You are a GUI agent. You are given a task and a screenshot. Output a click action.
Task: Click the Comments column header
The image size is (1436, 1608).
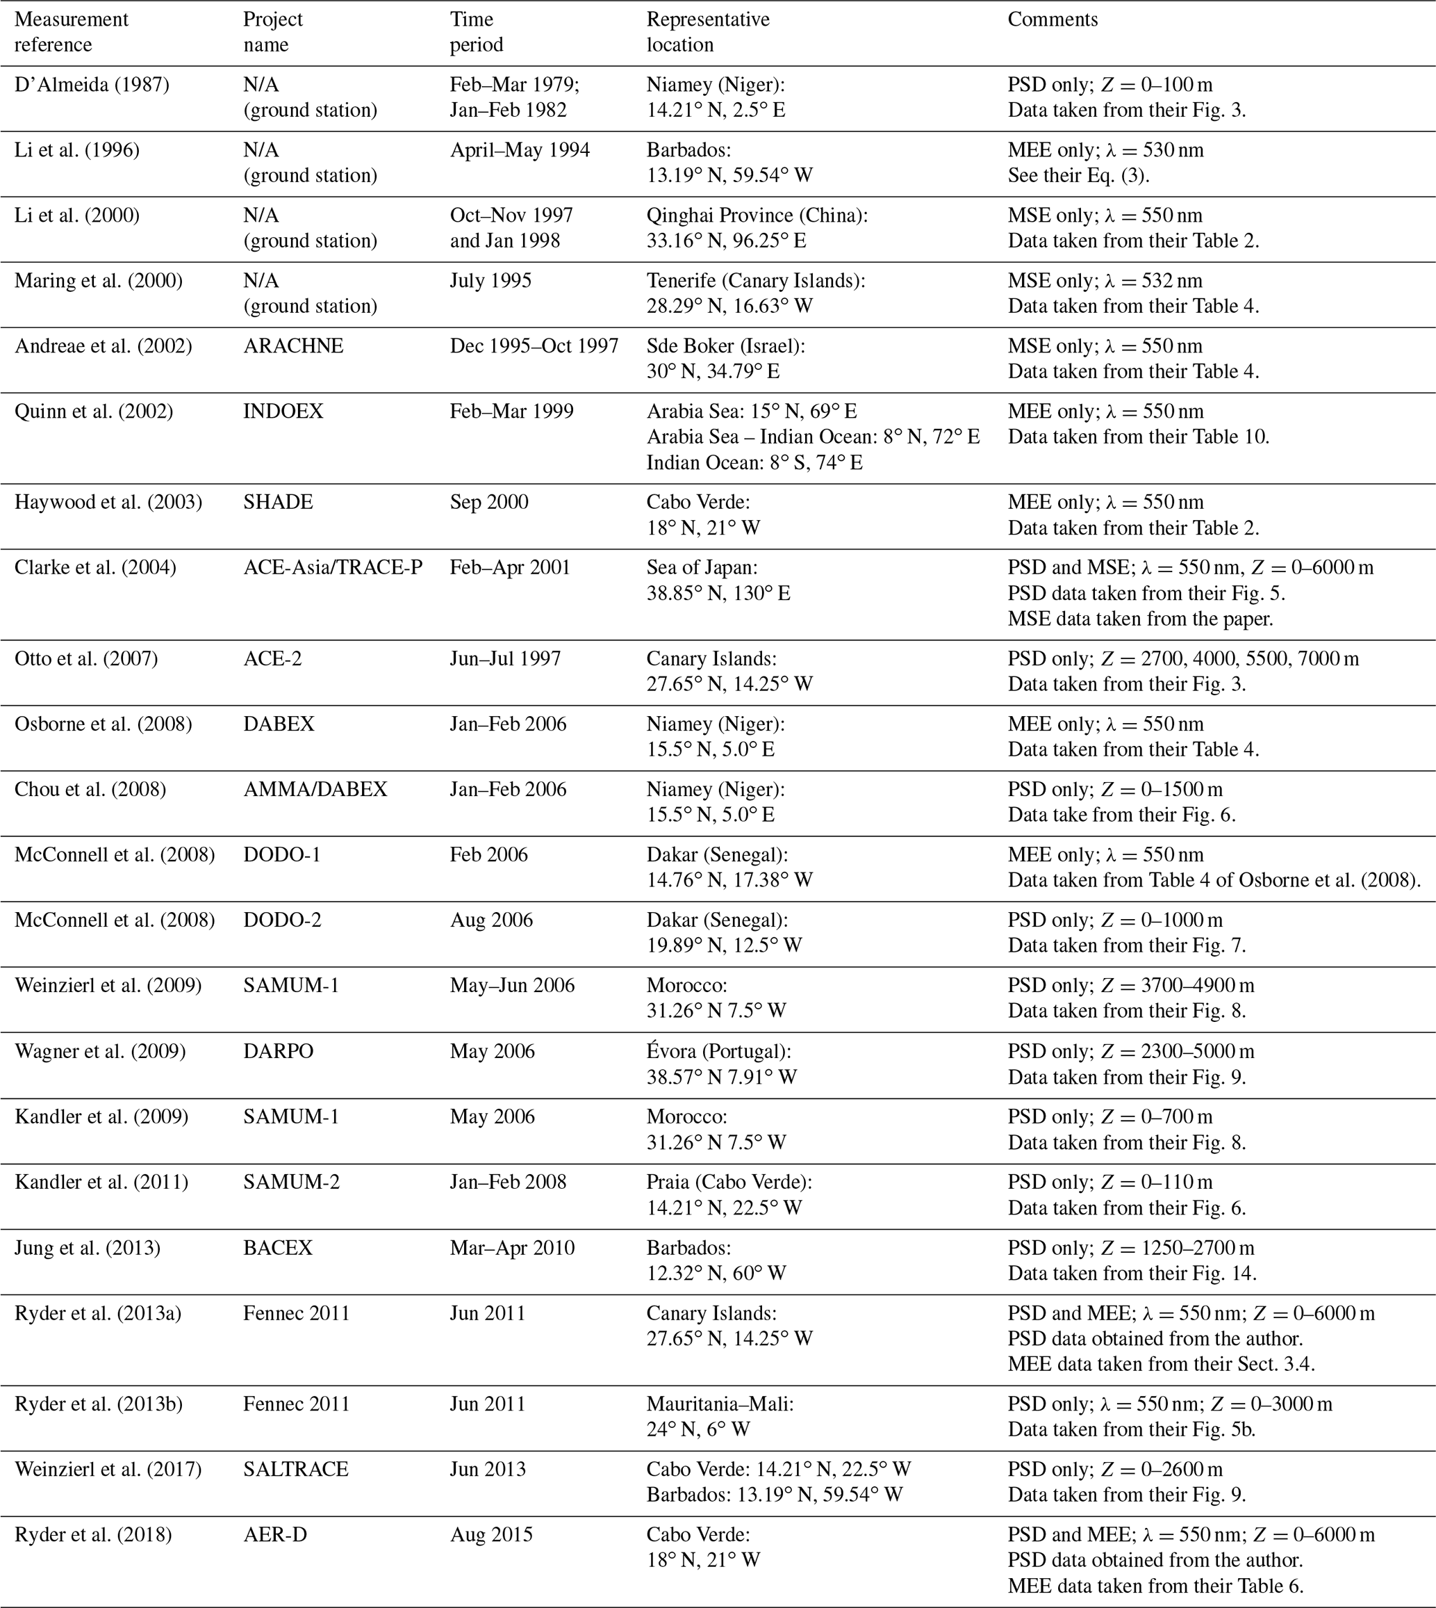pos(1053,19)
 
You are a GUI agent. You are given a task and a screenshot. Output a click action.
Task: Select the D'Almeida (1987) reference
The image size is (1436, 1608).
pos(92,84)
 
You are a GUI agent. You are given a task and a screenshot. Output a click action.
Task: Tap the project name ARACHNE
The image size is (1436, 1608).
pos(292,346)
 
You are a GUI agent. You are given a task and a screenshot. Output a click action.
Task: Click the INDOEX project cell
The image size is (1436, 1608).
pos(283,412)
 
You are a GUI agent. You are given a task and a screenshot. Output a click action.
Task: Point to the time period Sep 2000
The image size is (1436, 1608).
pos(489,502)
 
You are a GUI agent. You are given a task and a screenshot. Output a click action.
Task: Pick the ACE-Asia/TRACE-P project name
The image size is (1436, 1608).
pos(333,567)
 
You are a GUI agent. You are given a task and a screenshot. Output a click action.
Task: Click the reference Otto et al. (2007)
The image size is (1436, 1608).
pos(86,658)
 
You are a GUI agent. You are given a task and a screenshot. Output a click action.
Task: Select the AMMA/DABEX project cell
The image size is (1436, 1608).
pos(315,789)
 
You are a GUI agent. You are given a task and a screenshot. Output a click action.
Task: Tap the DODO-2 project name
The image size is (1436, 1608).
pos(281,920)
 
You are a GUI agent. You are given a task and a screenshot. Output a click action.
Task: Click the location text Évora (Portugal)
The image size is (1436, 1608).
pos(719,1051)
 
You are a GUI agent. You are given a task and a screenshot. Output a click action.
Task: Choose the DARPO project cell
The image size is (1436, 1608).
pos(278,1051)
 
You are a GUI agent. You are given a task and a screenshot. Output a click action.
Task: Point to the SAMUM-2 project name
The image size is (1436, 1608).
pos(291,1182)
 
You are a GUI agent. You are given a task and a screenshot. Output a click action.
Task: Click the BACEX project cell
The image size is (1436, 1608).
pos(278,1248)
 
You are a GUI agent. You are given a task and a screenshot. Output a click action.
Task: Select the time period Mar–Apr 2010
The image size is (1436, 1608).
pos(512,1248)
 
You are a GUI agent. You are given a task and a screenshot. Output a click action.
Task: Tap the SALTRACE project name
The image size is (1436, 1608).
pos(296,1469)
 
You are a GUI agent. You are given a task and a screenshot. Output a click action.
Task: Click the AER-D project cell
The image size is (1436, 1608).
pos(273,1534)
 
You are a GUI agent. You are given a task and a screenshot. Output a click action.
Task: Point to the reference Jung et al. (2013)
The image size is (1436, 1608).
pos(87,1248)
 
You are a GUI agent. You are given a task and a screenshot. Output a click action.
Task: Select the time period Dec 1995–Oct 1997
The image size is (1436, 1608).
pos(534,346)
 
